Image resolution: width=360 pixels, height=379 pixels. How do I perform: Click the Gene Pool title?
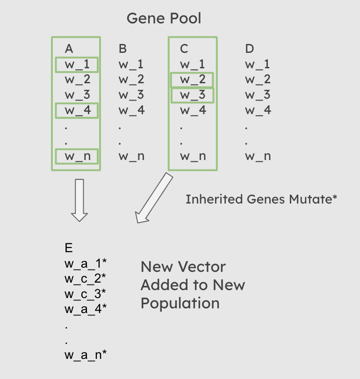[164, 19]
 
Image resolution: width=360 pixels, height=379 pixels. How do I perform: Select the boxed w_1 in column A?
[77, 65]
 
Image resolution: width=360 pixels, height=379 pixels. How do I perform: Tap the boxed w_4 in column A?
[77, 111]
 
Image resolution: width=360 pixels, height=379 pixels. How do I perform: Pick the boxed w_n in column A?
[77, 156]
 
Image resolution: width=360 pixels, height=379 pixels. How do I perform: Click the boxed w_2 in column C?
[192, 80]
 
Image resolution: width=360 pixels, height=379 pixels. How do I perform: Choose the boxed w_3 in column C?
[192, 95]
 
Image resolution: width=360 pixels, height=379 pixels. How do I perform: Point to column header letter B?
[122, 49]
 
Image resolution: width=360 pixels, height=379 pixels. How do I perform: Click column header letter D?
[250, 49]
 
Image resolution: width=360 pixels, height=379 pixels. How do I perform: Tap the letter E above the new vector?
[69, 248]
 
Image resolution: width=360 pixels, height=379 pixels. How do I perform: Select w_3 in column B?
[131, 95]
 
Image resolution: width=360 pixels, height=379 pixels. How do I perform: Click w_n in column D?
[258, 156]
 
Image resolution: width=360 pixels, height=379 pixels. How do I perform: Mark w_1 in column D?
[258, 65]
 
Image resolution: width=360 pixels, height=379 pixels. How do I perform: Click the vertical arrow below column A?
[79, 199]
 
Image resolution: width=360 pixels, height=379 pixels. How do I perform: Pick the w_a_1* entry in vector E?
[86, 263]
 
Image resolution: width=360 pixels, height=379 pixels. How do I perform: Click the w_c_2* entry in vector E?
[86, 278]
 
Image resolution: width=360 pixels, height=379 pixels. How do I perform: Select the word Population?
[180, 303]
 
